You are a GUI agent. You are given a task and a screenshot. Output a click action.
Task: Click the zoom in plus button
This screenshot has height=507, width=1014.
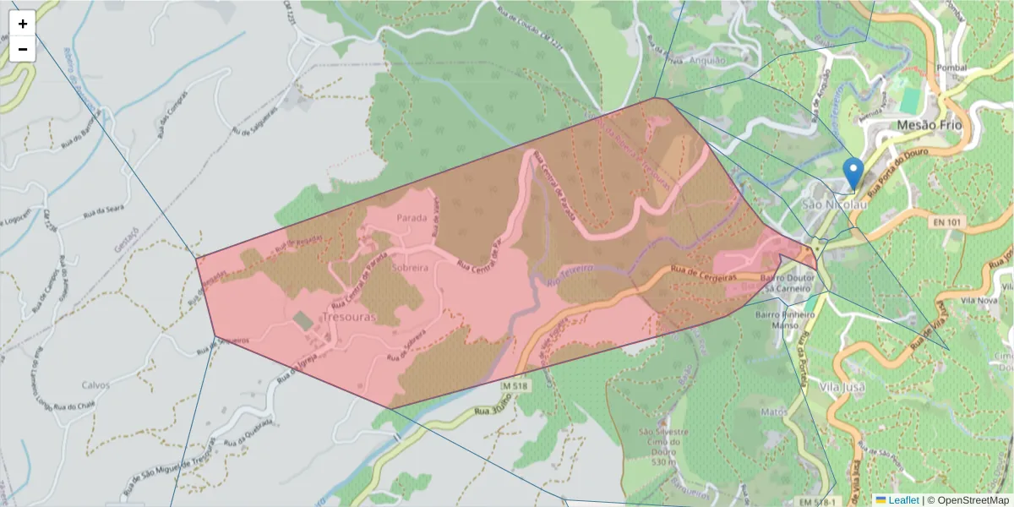23,24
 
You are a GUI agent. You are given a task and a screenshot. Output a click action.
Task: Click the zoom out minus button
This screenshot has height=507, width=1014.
23,49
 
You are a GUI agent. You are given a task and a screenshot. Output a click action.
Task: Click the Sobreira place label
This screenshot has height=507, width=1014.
411,266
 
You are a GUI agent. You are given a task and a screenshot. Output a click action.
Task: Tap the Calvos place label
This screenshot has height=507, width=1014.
95,384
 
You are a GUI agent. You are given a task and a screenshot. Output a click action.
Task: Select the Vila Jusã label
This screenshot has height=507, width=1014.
842,386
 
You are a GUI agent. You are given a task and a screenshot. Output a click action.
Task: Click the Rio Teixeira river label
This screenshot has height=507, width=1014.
570,271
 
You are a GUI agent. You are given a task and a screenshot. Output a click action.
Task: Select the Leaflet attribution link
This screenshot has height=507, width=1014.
902,500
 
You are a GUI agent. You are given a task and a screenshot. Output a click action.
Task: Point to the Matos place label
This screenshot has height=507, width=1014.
774,412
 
